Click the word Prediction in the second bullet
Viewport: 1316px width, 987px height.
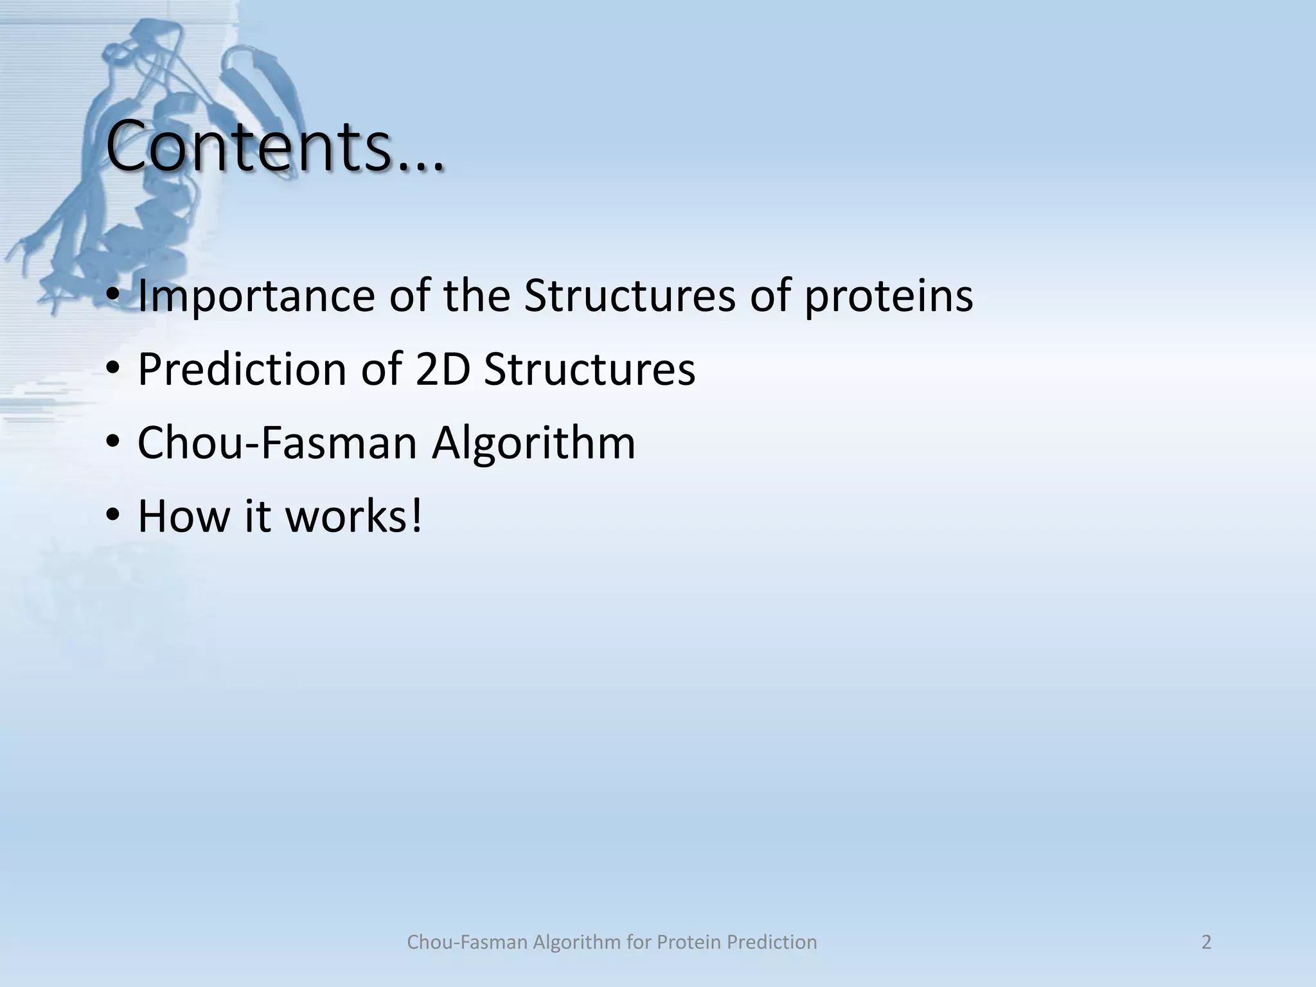(242, 369)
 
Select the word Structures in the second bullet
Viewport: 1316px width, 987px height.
(589, 369)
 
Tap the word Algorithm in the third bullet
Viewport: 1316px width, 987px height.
(533, 443)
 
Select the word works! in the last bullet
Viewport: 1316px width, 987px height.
(354, 516)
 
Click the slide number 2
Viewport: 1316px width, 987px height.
(1206, 942)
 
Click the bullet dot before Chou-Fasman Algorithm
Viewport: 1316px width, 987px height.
(113, 443)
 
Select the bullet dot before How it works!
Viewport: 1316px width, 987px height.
(113, 517)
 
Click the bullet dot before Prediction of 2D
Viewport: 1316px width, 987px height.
(113, 370)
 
